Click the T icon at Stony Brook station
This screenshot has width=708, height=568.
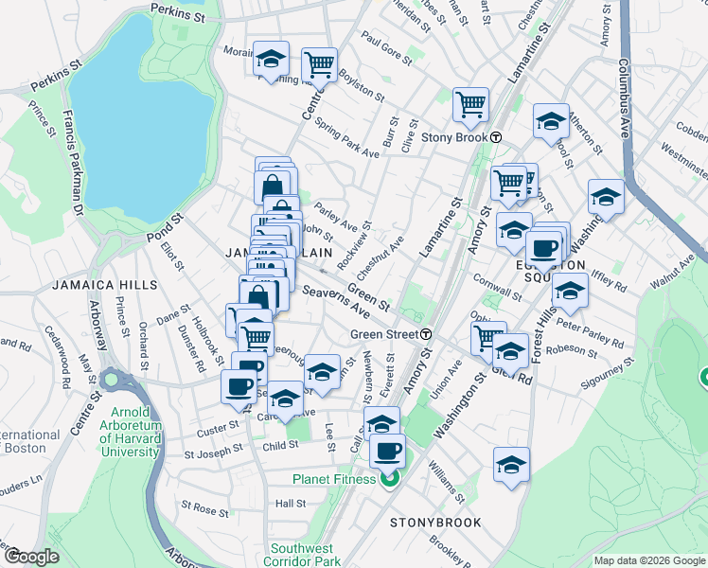pos(495,137)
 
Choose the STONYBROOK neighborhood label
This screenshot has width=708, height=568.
pos(436,523)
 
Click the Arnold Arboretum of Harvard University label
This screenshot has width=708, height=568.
pos(131,432)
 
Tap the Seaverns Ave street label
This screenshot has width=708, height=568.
pos(335,300)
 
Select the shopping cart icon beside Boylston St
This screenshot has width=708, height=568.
pos(319,64)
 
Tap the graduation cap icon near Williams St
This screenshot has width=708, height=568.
pos(511,464)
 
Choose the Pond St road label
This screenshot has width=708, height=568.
pos(165,227)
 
